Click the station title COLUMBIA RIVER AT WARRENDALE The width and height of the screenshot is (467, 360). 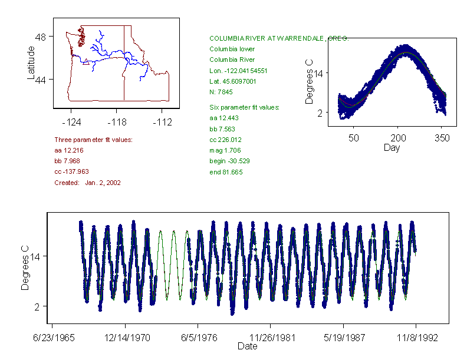(279, 38)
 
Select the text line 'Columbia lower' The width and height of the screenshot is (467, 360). (232, 49)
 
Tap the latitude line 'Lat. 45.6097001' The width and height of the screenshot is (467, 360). (233, 81)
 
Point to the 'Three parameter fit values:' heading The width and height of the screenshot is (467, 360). (93, 140)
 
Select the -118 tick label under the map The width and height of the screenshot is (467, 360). (117, 122)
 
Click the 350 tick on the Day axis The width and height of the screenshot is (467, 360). (442, 137)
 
